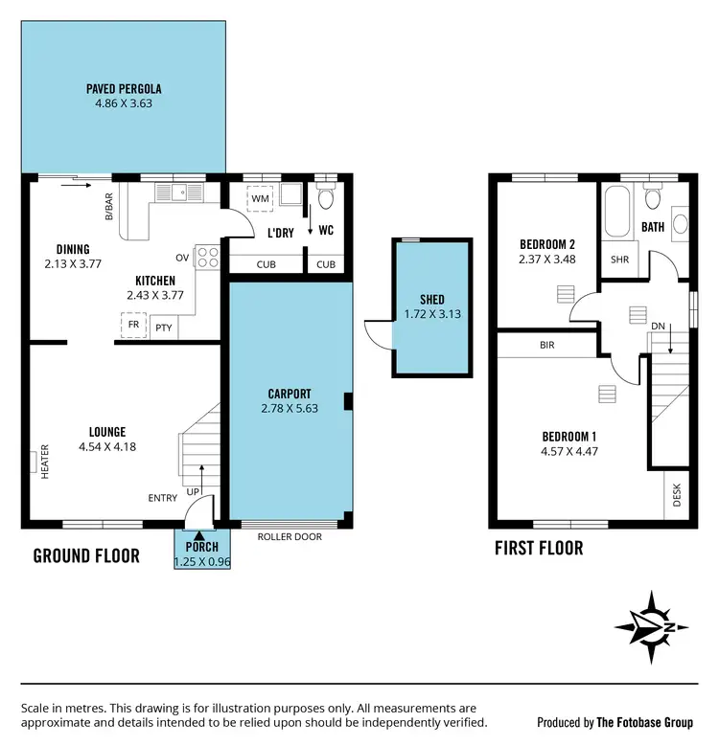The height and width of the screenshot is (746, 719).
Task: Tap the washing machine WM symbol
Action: pos(260,198)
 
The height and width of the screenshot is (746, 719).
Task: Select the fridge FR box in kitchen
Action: pos(134,327)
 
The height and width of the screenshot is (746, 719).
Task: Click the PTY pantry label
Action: pos(164,328)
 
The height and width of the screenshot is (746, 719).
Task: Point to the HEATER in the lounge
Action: pos(45,463)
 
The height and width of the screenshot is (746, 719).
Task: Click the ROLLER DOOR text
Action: pos(290,537)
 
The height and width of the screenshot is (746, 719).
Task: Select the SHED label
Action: pos(432,300)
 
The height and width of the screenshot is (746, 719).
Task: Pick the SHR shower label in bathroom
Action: pos(618,260)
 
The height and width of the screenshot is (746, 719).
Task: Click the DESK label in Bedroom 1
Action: pos(677,496)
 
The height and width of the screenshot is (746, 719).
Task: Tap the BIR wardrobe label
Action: pos(546,345)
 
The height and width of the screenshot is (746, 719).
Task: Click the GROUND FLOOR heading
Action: pos(86,555)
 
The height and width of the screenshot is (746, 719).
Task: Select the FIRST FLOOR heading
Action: pos(538,549)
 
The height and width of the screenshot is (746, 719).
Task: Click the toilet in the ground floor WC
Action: pos(325,198)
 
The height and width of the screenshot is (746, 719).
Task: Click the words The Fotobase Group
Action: pos(658,722)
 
